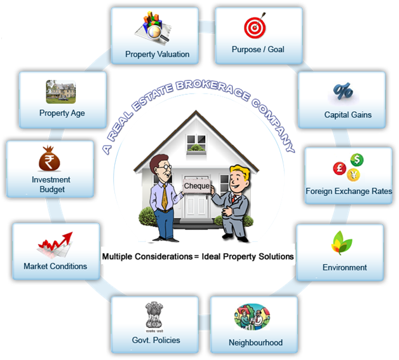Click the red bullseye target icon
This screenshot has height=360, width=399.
254,27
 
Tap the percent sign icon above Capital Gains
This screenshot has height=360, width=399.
343,92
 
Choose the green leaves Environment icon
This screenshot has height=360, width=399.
343,244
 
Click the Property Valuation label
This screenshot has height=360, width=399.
157,54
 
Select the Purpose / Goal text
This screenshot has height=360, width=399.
257,50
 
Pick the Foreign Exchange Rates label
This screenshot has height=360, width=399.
349,191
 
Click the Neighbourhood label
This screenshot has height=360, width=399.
255,343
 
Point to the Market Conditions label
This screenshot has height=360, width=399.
55,266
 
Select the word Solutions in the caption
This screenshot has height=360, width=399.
274,257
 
